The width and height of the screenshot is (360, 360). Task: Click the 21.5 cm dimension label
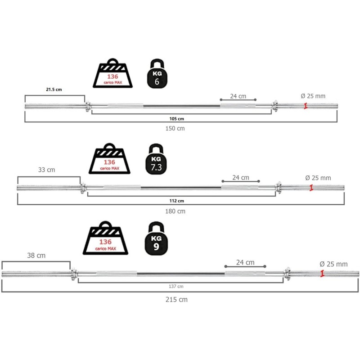pos(54,90)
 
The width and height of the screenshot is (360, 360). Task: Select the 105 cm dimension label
pos(177,119)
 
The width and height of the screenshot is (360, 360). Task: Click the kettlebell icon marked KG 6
pos(157,74)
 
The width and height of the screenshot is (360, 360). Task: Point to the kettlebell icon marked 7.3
pos(156,160)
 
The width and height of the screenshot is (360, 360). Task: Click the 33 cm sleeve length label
pos(47,170)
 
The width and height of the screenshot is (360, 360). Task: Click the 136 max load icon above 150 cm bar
pos(113,74)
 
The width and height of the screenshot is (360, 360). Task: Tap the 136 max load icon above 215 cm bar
pos(105,239)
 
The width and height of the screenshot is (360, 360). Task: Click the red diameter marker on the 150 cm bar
pos(306,106)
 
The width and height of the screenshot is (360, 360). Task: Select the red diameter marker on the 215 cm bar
pos(322,273)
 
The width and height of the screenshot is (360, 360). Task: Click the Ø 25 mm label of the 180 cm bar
pos(318,178)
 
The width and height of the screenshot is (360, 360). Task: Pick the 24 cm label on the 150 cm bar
pos(238,96)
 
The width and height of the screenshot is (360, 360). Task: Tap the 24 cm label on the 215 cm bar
pos(245,262)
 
